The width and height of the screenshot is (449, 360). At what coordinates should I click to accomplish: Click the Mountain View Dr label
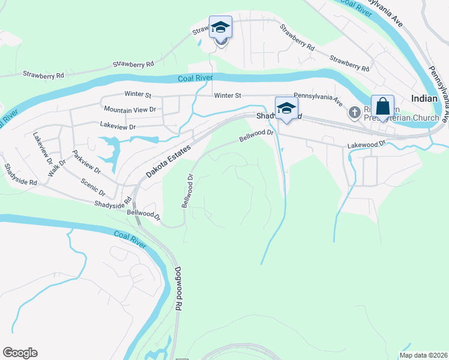coord(130,109)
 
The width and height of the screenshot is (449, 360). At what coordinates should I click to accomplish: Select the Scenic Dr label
coord(94,186)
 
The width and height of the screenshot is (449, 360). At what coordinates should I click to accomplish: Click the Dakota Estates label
coord(169,161)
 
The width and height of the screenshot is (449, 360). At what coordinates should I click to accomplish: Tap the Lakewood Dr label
coord(366,145)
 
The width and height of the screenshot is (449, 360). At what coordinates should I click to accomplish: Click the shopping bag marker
coord(382,107)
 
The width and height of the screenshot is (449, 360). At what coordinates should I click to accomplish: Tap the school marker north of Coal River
coord(220,28)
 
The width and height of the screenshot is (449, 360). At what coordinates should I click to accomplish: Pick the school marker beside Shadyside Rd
coord(286,109)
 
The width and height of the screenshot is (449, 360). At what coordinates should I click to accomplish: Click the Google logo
coord(20,353)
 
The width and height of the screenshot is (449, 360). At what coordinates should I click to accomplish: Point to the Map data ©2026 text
coord(423,355)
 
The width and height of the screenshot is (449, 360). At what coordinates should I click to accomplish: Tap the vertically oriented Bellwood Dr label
coord(187,191)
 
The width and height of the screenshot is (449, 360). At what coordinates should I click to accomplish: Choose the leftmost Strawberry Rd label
coord(43,75)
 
